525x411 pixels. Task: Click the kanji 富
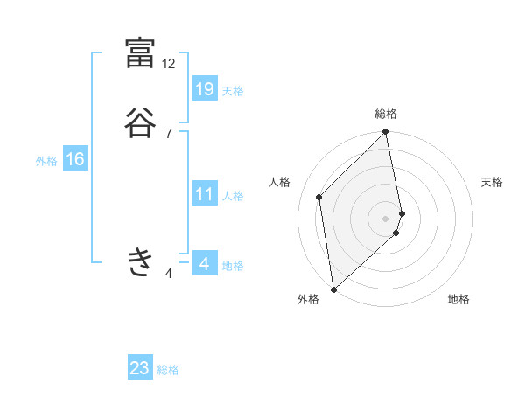pyautogui.click(x=140, y=53)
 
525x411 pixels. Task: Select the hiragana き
pyautogui.click(x=140, y=261)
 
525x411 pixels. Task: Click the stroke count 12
pyautogui.click(x=169, y=64)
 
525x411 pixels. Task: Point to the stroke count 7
pyautogui.click(x=169, y=133)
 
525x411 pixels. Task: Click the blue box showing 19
pyautogui.click(x=205, y=88)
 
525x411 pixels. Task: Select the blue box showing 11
pyautogui.click(x=205, y=194)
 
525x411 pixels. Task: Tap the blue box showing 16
pyautogui.click(x=75, y=159)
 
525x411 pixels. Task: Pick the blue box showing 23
pyautogui.click(x=140, y=368)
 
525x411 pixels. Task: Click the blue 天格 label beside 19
pyautogui.click(x=233, y=91)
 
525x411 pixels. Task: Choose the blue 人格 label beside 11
pyautogui.click(x=234, y=196)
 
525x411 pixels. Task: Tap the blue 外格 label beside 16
pyautogui.click(x=46, y=161)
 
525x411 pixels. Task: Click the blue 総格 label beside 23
pyautogui.click(x=168, y=370)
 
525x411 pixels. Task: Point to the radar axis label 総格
pyautogui.click(x=386, y=114)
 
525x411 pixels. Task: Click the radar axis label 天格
pyautogui.click(x=493, y=182)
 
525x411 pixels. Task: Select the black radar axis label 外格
pyautogui.click(x=308, y=300)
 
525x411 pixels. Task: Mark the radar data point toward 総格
pyautogui.click(x=386, y=133)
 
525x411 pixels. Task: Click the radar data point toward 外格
pyautogui.click(x=333, y=289)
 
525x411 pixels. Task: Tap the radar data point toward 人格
pyautogui.click(x=319, y=197)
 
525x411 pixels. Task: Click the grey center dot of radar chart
pyautogui.click(x=386, y=218)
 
